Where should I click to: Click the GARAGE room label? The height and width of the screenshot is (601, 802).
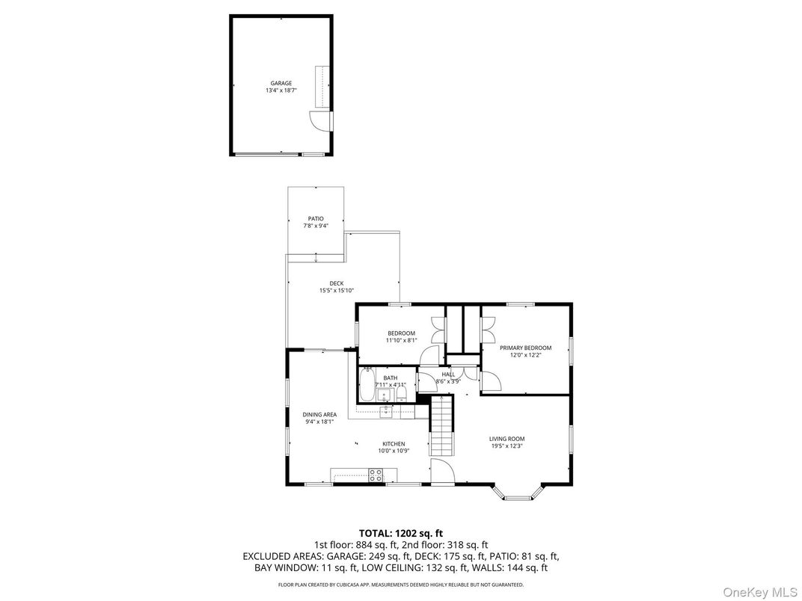coord(281,83)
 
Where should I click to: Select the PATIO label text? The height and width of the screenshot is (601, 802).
coord(315,218)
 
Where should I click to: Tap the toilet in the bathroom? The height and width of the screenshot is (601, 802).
coord(401,391)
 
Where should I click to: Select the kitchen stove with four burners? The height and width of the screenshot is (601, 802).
coord(376,474)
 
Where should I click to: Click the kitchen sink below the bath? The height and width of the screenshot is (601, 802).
coord(386,411)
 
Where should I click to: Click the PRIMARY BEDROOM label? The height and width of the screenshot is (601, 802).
coord(525,348)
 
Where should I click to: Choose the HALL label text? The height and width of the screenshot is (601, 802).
coord(448,374)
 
